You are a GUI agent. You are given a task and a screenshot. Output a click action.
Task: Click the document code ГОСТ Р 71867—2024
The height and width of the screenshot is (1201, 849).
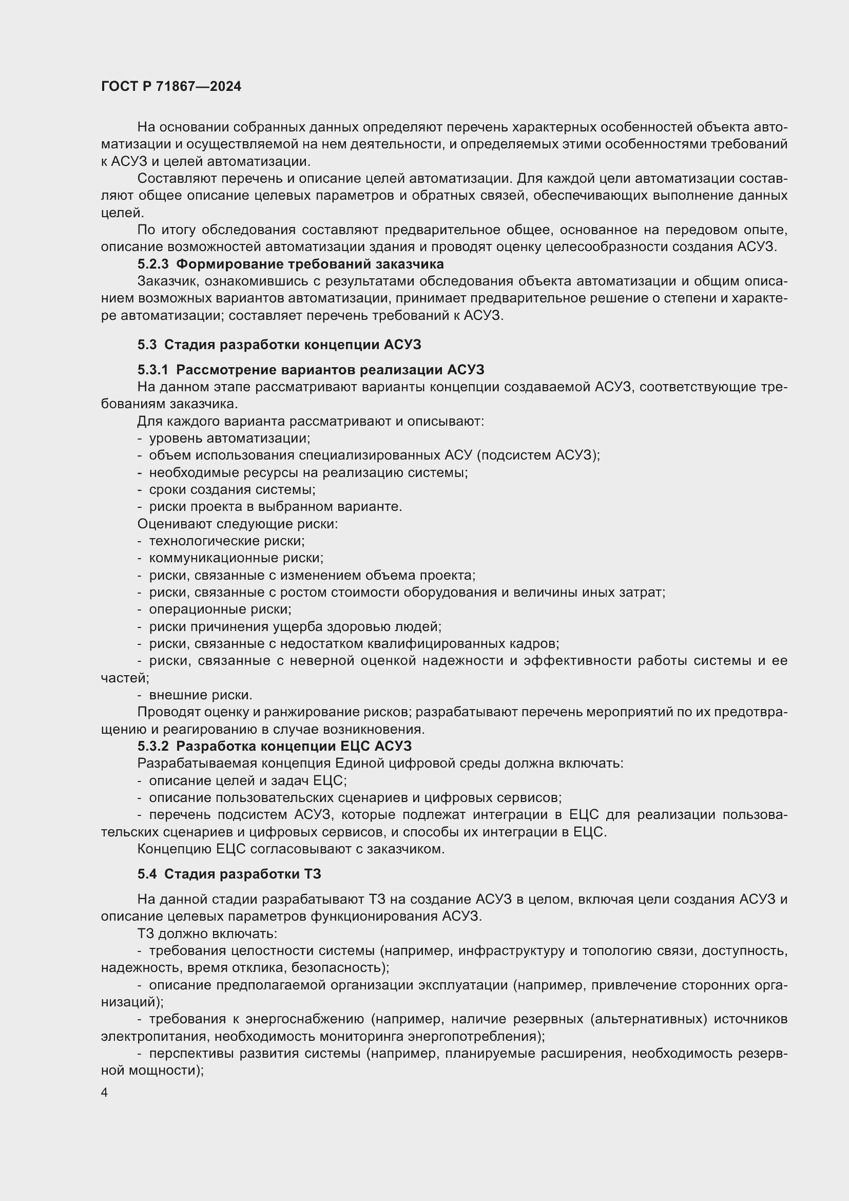coord(171,86)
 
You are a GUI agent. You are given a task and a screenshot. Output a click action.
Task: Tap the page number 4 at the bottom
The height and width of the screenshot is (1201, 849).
coord(105,1092)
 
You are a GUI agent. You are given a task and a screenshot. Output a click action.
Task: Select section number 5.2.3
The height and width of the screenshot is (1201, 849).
coord(152,264)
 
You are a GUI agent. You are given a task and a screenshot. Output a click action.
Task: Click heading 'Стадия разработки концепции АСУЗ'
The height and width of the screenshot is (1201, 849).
coord(292,345)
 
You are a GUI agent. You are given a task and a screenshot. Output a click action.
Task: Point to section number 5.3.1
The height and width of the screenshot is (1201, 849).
coord(152,370)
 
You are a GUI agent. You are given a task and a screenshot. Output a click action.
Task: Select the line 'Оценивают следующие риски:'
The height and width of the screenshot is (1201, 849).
coord(237,524)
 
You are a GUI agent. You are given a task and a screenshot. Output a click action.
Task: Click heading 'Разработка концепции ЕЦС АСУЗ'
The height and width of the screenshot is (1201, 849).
coord(294,746)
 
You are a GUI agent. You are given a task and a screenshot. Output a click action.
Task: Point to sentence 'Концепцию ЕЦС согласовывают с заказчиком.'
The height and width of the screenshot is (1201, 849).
coord(291,849)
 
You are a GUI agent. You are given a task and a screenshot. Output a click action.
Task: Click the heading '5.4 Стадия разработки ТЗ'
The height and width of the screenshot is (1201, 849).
coord(229,874)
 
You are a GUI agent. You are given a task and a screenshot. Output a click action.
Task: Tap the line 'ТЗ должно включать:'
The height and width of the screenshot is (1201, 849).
coord(207,933)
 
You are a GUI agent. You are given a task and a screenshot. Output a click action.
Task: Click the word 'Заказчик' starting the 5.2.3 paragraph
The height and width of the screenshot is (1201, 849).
coord(167,281)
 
